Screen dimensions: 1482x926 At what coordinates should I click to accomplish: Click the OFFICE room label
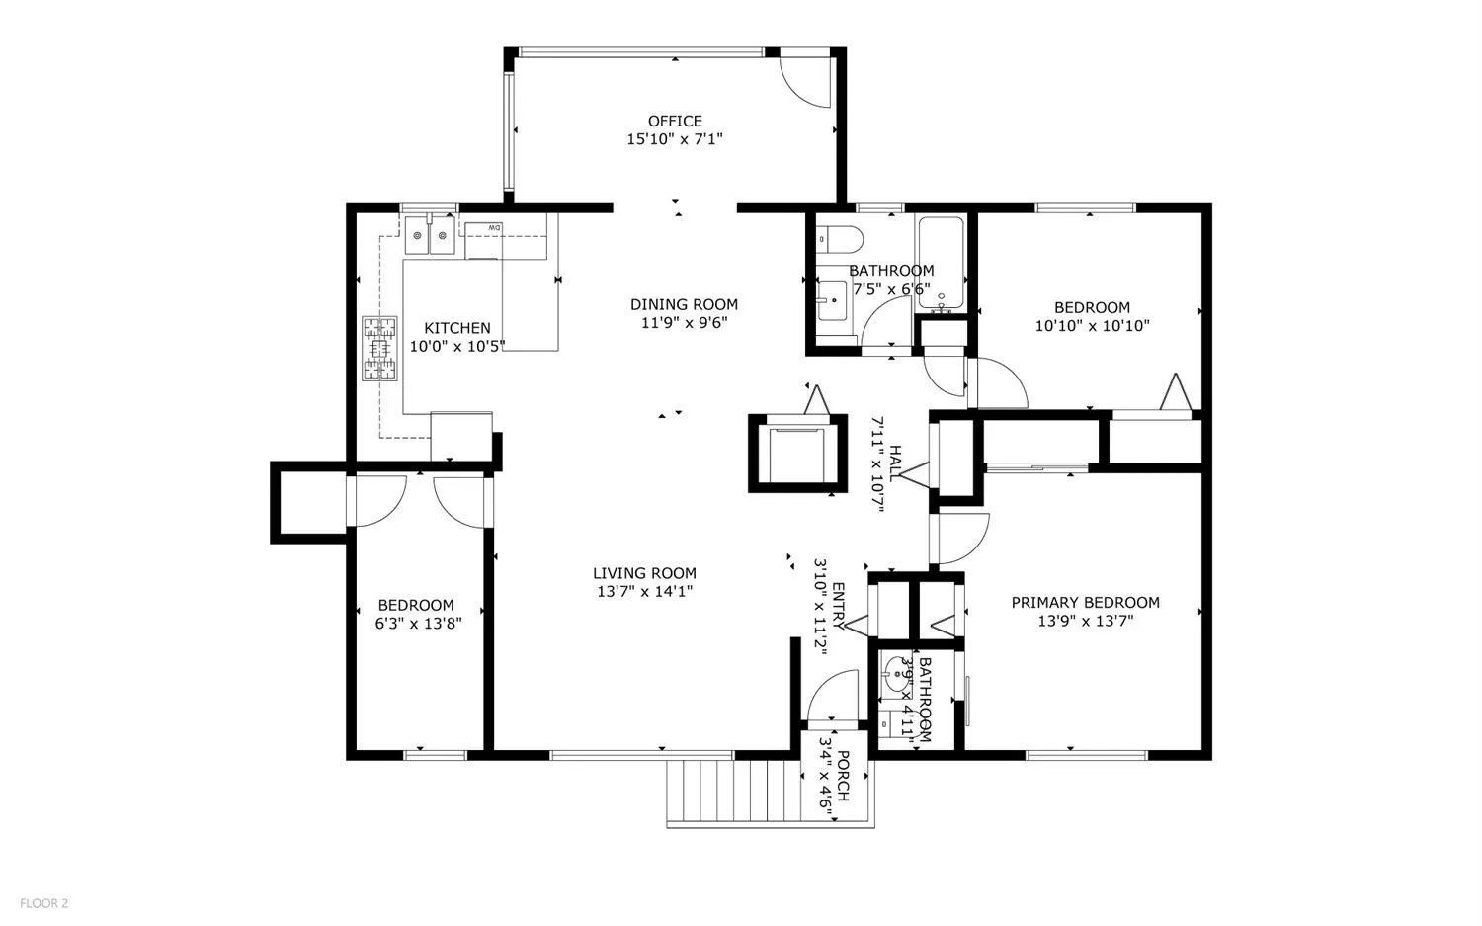tap(675, 122)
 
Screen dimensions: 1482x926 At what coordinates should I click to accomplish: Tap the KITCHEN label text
tap(457, 328)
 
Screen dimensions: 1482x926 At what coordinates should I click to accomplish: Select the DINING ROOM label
tap(684, 305)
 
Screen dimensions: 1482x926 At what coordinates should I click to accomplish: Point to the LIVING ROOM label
tap(644, 573)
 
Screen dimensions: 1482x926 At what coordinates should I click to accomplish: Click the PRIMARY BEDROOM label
tap(1086, 603)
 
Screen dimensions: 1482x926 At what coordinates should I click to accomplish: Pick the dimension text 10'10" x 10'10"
tap(1093, 326)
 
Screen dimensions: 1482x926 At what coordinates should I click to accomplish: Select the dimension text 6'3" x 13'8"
tap(418, 624)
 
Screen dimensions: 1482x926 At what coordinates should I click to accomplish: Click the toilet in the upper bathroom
tap(840, 239)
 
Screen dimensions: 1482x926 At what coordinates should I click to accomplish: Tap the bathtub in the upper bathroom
tap(941, 264)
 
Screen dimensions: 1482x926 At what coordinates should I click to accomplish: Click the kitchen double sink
tap(430, 234)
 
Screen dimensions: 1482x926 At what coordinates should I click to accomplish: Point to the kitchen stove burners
tap(379, 349)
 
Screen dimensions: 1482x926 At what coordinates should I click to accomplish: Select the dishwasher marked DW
tap(483, 241)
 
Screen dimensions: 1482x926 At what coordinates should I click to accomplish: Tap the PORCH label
tap(843, 776)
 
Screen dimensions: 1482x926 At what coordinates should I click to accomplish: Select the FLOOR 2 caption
tap(44, 903)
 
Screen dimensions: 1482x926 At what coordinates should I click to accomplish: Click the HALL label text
tap(895, 464)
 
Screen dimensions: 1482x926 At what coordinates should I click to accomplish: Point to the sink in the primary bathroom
tap(897, 674)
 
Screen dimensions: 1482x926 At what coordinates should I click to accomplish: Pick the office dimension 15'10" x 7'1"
tap(675, 139)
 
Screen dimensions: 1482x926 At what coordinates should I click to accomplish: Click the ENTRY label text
tap(838, 606)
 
